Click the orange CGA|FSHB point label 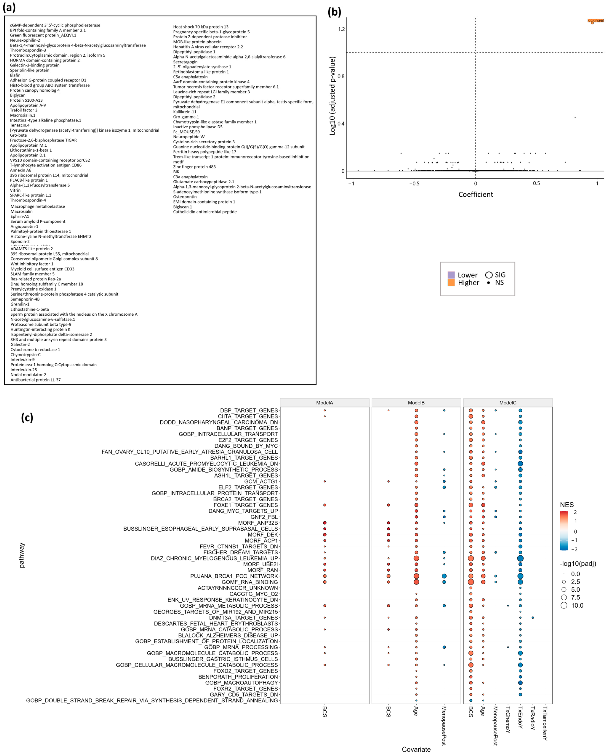tap(595, 21)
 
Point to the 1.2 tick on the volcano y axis tap(341, 29)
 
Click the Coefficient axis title tap(475, 195)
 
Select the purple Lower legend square tap(451, 275)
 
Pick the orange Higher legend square tap(451, 283)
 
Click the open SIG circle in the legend tap(489, 275)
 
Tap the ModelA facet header tap(325, 403)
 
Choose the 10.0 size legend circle tap(564, 606)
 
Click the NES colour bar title tap(567, 505)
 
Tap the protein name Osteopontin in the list tap(185, 197)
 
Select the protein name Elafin tap(15, 75)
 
